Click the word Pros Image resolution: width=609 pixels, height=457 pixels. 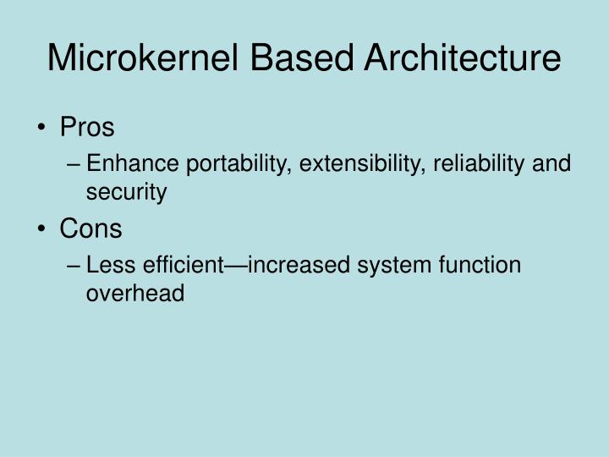(x=87, y=128)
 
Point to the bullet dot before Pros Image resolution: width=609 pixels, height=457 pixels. (x=43, y=129)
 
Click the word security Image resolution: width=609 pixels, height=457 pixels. (x=126, y=192)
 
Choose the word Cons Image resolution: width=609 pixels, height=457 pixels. (x=91, y=228)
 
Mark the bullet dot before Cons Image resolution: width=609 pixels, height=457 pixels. (x=43, y=228)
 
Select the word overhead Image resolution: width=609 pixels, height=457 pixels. (x=134, y=293)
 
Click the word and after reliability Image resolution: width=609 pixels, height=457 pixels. (x=551, y=162)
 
